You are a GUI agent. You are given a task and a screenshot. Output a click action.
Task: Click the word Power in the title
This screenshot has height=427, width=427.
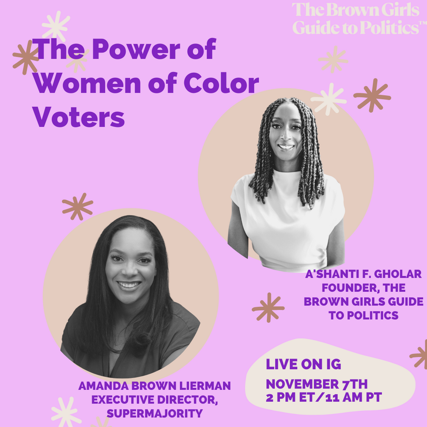click(x=136, y=49)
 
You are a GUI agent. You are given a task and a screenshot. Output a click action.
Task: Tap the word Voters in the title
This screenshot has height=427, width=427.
click(x=79, y=117)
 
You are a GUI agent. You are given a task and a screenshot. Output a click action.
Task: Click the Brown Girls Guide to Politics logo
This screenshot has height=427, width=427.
click(x=359, y=18)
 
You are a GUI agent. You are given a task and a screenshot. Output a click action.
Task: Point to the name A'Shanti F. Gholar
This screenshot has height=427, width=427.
click(x=363, y=274)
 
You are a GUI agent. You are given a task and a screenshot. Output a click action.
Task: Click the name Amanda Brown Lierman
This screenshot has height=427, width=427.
click(x=155, y=386)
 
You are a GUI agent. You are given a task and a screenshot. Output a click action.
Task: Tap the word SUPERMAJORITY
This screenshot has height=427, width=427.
click(x=155, y=413)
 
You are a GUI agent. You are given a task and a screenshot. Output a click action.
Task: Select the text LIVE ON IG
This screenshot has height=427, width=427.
click(x=303, y=364)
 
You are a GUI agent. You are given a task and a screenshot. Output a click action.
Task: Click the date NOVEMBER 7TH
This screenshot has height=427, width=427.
click(x=317, y=384)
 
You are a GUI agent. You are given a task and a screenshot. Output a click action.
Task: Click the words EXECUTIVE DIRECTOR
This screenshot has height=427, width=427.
click(x=155, y=400)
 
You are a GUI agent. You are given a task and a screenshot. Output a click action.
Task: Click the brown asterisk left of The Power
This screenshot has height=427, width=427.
click(x=26, y=57)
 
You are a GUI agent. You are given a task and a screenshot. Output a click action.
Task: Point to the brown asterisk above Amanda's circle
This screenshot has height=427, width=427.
click(x=78, y=207)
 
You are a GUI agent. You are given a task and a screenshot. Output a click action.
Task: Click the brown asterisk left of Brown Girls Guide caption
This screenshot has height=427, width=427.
click(x=268, y=308)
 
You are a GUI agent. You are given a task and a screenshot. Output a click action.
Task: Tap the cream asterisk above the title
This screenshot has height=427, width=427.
click(x=56, y=26)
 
